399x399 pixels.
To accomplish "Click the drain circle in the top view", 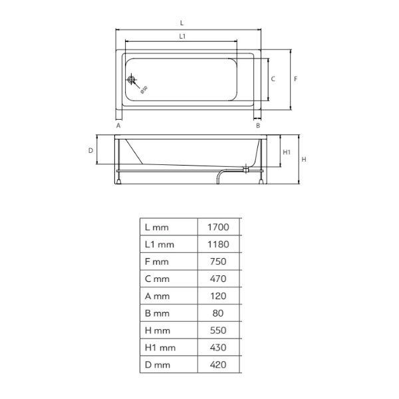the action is point(131,80).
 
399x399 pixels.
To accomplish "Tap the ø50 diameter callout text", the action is point(144,90).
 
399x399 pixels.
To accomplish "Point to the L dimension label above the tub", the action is point(182,23).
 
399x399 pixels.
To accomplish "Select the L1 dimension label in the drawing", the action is point(182,37).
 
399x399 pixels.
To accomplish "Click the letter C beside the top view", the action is point(273,79).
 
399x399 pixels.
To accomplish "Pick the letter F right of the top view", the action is point(295,79).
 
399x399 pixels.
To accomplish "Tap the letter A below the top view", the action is point(118,126).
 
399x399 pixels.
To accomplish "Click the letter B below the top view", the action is point(258,126).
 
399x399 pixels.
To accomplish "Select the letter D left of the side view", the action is point(90,151).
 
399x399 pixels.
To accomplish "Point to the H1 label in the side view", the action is point(287,152).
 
